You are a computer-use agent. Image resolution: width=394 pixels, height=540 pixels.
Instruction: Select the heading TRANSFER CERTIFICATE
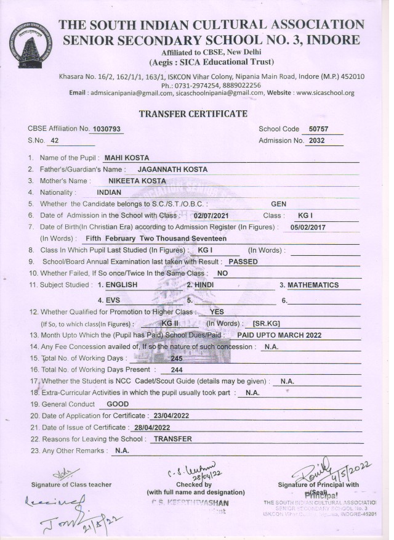(x=193, y=114)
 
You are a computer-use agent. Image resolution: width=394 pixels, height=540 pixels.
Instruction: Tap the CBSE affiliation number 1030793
(x=106, y=129)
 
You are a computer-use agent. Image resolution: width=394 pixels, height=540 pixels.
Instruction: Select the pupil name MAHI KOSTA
(x=127, y=158)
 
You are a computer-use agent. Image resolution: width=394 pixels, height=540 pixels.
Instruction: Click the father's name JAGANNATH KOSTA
(x=172, y=170)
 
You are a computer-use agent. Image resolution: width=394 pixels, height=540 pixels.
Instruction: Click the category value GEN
(x=279, y=204)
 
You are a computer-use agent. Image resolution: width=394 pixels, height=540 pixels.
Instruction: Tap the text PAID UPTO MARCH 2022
(x=279, y=335)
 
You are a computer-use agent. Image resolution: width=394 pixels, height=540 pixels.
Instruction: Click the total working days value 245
(x=178, y=358)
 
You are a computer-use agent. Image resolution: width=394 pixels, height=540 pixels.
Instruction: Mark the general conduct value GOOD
(x=118, y=404)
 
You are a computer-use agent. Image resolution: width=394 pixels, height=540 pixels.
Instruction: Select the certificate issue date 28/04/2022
(x=150, y=427)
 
